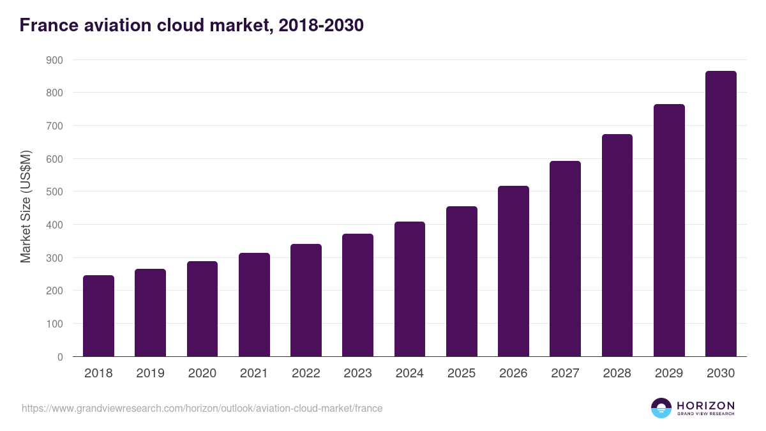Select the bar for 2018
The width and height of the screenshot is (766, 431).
pos(98,316)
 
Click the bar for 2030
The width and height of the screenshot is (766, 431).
pos(721,214)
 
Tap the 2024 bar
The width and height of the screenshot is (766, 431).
pos(410,289)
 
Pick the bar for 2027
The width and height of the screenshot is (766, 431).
pos(565,259)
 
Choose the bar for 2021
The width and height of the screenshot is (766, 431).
pos(254,305)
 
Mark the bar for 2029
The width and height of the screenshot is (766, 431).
pos(669,231)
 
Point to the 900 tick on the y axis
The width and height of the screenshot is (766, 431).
pos(55,60)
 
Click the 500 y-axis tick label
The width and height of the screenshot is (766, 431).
pos(55,192)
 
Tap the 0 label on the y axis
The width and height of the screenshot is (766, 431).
pos(60,357)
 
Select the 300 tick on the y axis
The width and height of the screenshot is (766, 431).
pos(55,258)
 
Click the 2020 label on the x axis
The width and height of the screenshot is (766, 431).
pos(202,374)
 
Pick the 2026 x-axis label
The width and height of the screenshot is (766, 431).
pos(513,374)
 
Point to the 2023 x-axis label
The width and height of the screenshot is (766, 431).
pos(357,374)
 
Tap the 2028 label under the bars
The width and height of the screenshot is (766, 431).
pos(617,374)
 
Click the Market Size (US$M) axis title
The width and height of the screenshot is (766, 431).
pos(26,206)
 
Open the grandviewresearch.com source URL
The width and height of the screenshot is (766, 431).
pos(202,408)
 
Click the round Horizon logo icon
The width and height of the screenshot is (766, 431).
pos(661,408)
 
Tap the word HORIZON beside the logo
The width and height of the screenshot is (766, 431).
pos(705,405)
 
